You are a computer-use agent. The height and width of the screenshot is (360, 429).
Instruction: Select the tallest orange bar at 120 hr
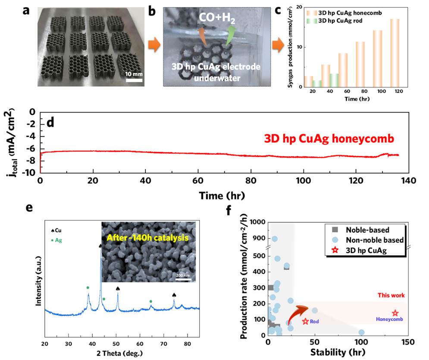pyautogui.click(x=394, y=53)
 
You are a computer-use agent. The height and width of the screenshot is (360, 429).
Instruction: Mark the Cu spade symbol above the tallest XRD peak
pyautogui.click(x=101, y=246)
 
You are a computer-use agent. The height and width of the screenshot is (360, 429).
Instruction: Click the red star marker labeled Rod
pyautogui.click(x=305, y=321)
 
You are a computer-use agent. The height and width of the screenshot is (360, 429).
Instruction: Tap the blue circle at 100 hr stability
pyautogui.click(x=361, y=332)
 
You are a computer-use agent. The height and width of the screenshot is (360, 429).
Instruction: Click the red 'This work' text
pyautogui.click(x=391, y=295)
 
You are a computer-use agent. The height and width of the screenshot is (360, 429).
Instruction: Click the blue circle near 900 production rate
pyautogui.click(x=275, y=239)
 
